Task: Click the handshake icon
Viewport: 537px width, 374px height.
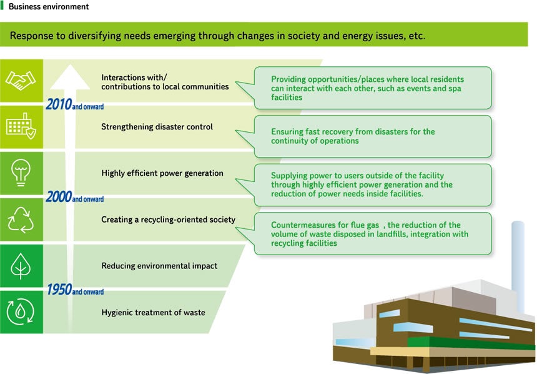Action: (x=21, y=80)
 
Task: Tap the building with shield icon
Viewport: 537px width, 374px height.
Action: (x=21, y=126)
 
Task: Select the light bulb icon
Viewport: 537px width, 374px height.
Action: (x=21, y=173)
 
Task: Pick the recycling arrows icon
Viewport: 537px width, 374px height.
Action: (x=21, y=220)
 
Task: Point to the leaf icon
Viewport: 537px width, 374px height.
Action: (x=21, y=267)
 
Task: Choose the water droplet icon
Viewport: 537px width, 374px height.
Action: (x=21, y=312)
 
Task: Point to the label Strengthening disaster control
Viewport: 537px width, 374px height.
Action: (x=157, y=127)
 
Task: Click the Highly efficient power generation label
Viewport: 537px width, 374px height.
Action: (x=162, y=173)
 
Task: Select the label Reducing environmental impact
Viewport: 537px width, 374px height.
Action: (x=159, y=266)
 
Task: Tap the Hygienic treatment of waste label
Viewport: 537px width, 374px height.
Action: (x=153, y=313)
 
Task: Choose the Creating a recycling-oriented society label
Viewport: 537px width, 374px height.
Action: (x=168, y=220)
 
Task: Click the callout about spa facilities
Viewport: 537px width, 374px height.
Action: (x=372, y=88)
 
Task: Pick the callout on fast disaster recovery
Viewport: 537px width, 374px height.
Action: (x=372, y=136)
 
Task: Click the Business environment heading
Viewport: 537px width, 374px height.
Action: (x=48, y=7)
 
